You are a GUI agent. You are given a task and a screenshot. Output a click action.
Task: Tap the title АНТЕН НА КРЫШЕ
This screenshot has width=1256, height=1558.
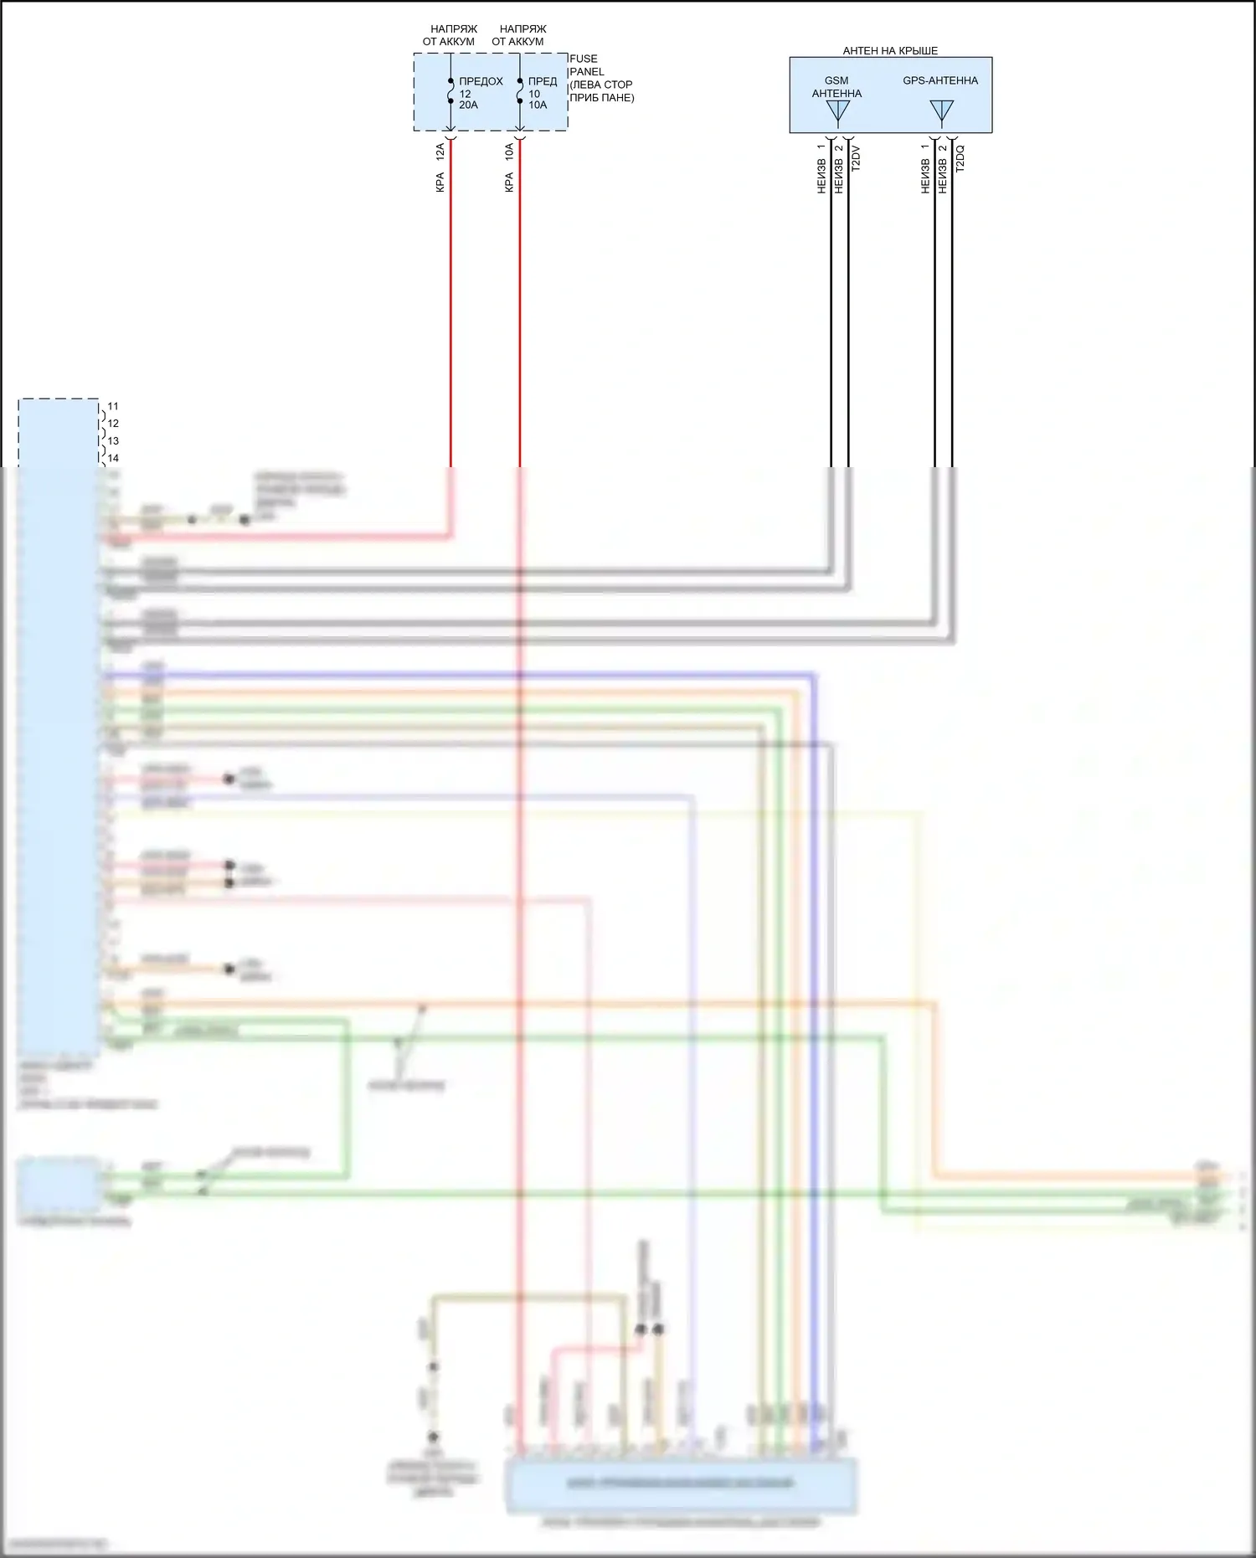pos(890,51)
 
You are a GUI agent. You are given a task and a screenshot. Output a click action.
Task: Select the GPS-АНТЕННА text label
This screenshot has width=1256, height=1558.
pos(940,81)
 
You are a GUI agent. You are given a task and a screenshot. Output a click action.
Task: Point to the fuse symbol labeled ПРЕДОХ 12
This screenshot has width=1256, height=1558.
pos(450,91)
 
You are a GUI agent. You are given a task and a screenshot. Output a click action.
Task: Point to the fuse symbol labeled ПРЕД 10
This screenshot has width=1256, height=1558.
pos(520,91)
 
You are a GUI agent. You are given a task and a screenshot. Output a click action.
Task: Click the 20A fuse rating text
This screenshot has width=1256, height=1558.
pos(468,105)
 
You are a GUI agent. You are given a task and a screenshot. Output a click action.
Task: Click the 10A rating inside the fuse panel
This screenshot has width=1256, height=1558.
pos(538,105)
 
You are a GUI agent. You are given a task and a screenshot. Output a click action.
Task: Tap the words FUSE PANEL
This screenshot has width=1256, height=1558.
pos(585,65)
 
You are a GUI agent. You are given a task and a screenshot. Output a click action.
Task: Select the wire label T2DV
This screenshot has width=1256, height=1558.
pos(855,159)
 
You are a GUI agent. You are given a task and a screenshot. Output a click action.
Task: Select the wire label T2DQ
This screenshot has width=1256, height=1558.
pos(960,159)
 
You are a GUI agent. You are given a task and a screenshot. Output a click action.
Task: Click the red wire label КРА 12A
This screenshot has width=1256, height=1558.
pos(440,167)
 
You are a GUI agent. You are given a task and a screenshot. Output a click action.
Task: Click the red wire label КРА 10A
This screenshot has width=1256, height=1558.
pos(509,167)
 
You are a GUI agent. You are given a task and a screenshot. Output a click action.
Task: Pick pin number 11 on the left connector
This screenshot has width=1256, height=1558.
pos(113,407)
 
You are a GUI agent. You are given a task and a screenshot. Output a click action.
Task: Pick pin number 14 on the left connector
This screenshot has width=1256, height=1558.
pos(113,459)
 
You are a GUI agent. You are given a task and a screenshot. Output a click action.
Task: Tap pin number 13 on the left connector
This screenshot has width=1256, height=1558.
pos(113,441)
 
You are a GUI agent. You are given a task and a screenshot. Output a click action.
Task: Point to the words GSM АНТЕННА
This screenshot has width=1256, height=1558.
pos(836,87)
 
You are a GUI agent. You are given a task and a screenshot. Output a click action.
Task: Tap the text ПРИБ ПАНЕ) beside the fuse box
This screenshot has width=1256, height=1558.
pos(602,98)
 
